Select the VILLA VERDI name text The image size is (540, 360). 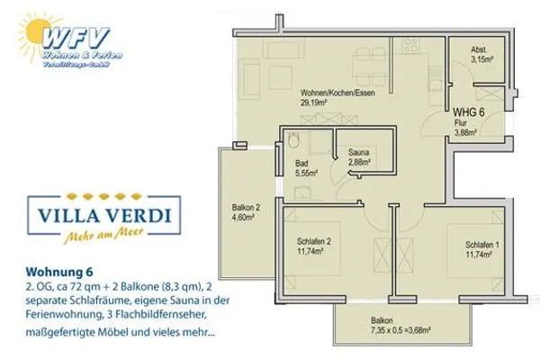97,217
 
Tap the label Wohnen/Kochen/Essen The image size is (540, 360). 337,93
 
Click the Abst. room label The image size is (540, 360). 481,51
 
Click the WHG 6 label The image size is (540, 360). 470,112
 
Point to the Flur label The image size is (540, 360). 461,124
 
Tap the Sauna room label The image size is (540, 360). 360,151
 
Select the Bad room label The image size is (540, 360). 302,164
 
